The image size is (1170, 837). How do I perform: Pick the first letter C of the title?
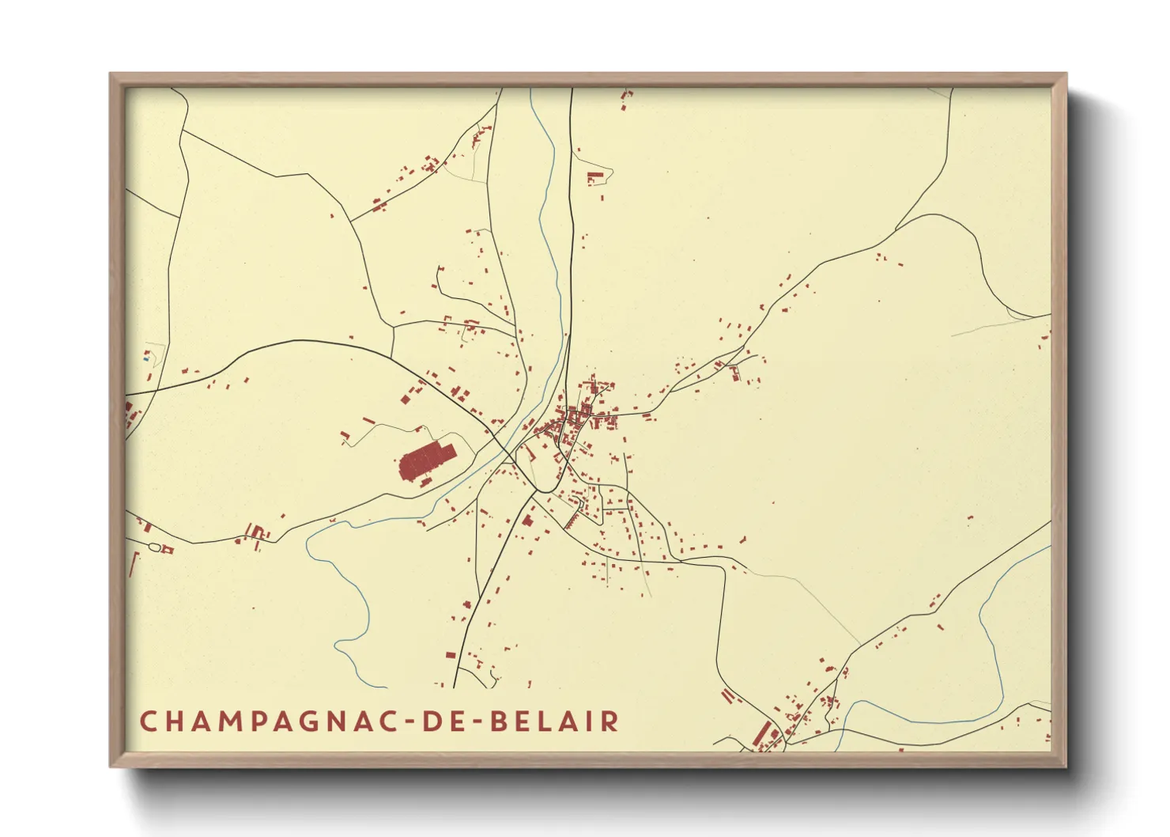pos(148,721)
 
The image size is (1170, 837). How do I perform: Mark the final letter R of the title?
pos(610,721)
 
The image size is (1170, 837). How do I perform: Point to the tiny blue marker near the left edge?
pos(146,358)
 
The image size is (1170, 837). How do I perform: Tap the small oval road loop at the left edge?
pos(155,547)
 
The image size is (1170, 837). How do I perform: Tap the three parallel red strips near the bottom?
pos(727,695)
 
